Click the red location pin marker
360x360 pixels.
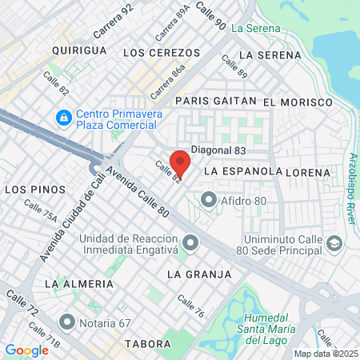tap(180, 162)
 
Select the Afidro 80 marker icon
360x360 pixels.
tap(209, 199)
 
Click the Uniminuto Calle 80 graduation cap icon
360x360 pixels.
tap(334, 242)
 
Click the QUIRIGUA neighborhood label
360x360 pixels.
tap(78, 50)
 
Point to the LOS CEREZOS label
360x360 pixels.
tap(162, 52)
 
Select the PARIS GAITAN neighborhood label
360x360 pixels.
tap(215, 102)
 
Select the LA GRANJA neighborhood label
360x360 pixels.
tap(198, 274)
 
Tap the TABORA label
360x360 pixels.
tap(149, 344)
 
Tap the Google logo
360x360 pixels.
tap(26, 350)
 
